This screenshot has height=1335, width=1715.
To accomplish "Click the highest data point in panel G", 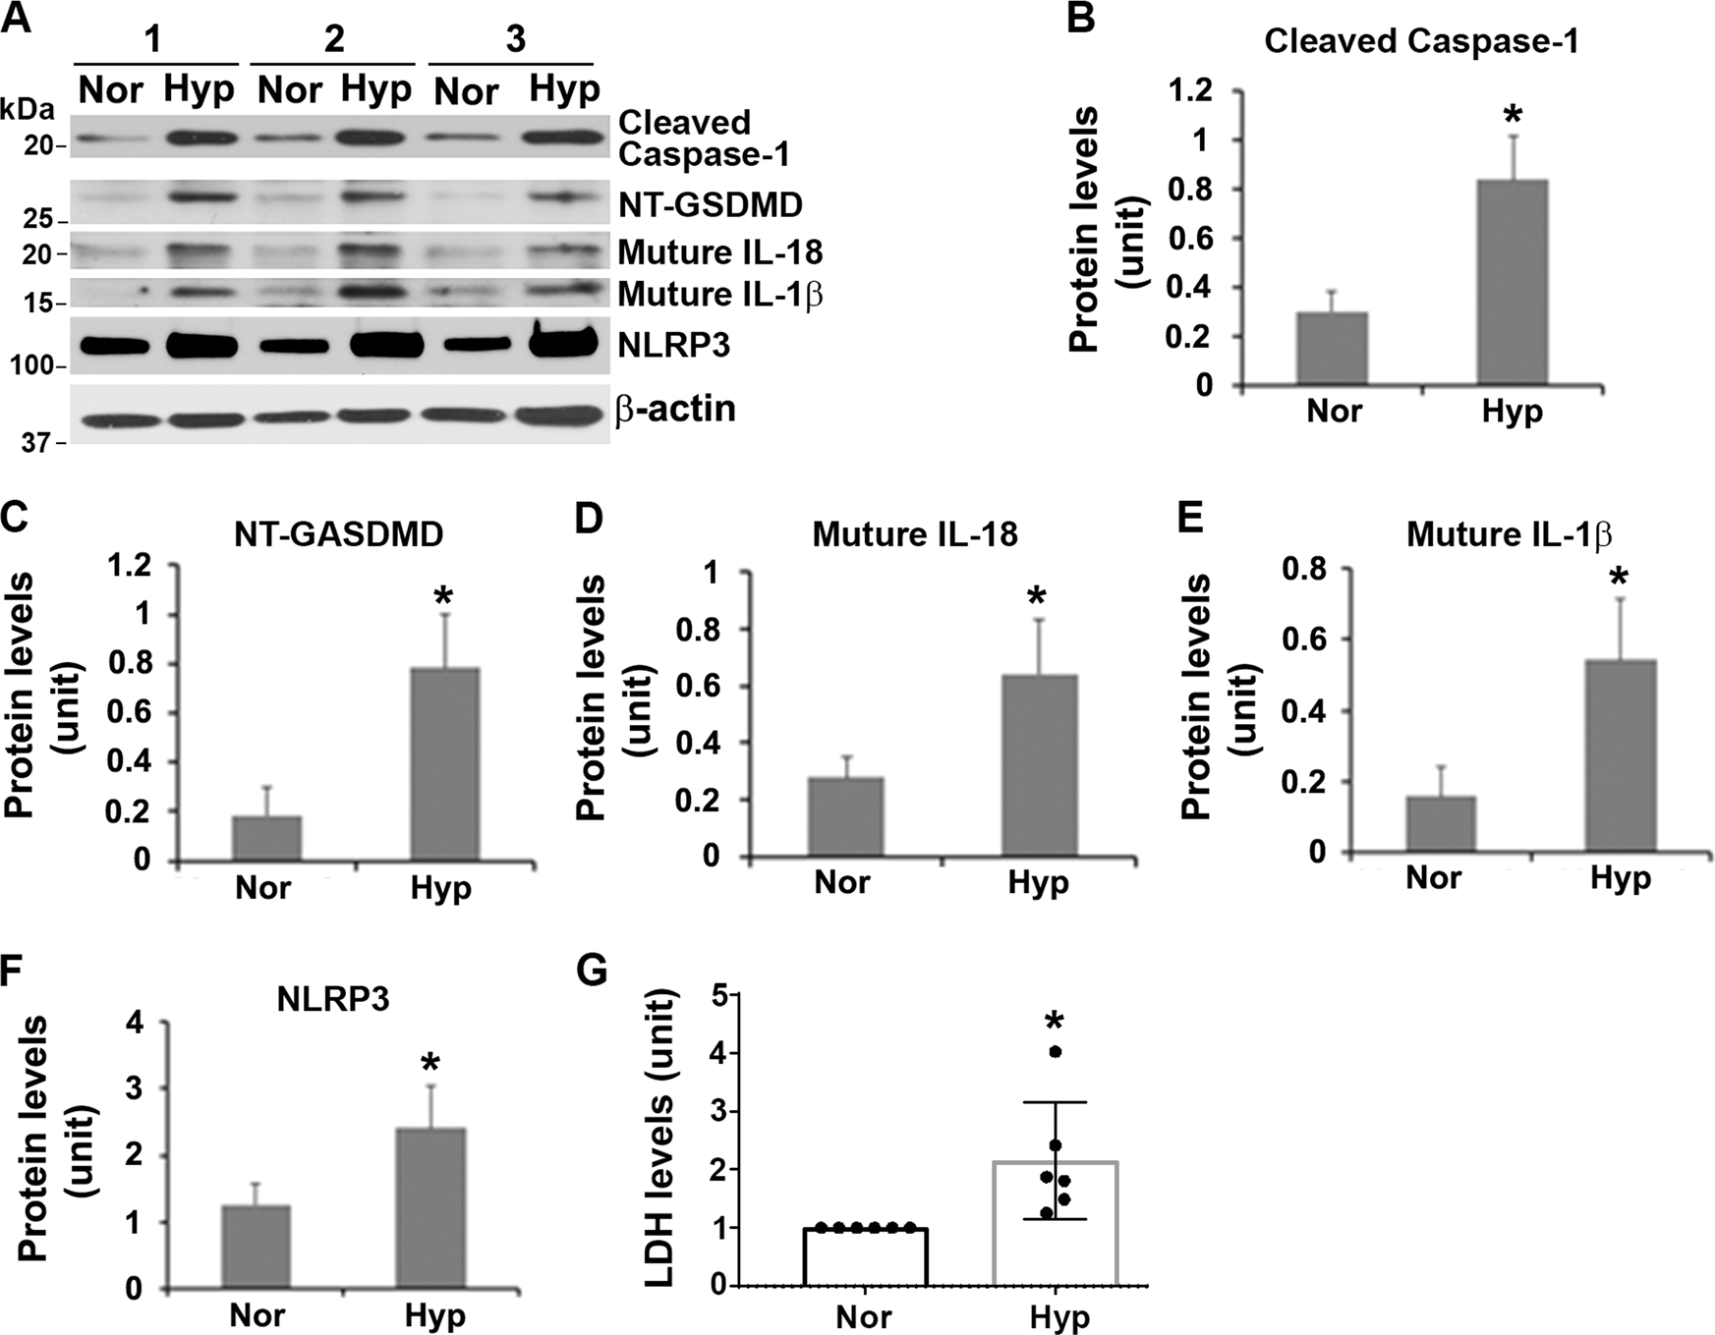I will [x=1056, y=1051].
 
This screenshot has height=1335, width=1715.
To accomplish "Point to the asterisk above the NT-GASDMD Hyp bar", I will [x=443, y=596].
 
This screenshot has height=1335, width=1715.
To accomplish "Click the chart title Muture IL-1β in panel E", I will [x=1509, y=534].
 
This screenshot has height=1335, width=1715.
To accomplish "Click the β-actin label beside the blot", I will [x=676, y=409].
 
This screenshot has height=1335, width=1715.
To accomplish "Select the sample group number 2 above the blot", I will [x=334, y=38].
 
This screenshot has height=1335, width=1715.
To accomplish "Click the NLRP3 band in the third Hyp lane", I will [x=563, y=343].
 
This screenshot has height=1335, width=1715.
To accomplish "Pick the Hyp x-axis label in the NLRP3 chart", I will [x=435, y=1314].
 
